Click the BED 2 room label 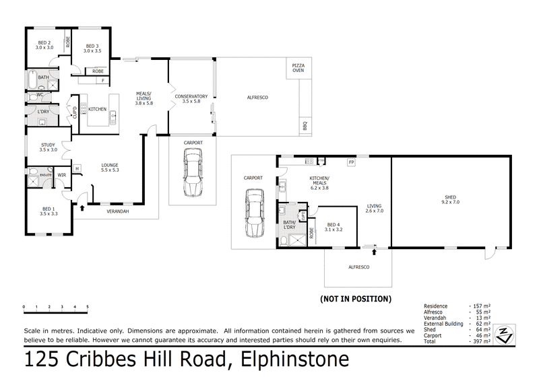coord(44,46)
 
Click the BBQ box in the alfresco coord(304,125)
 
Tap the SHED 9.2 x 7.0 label coord(450,200)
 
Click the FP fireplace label coord(351,162)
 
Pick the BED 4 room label coord(334,227)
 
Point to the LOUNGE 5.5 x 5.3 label coord(110,167)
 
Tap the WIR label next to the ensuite coord(61,175)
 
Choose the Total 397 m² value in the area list coord(480,342)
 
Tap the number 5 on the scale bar coord(88,306)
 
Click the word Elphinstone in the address coord(292,360)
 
